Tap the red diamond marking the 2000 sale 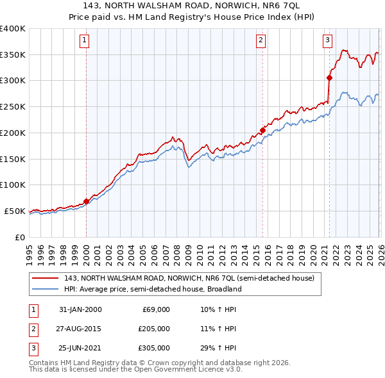(86, 201)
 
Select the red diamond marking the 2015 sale (263, 131)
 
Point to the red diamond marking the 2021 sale (329, 78)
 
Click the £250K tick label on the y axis (12, 106)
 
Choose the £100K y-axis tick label (12, 185)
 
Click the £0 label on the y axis (19, 237)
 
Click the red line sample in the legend (46, 279)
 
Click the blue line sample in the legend (46, 289)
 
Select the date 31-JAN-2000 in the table (80, 309)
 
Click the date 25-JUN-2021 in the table (80, 348)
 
